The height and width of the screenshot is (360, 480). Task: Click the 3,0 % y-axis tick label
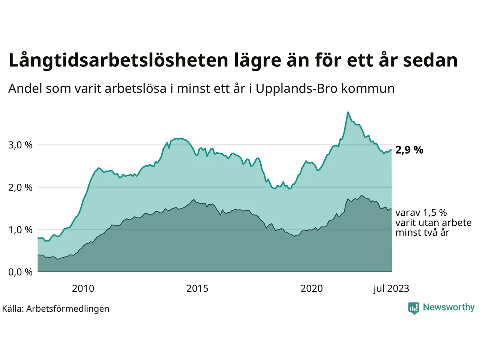point(20,145)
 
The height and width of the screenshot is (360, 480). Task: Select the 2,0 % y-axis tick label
point(20,187)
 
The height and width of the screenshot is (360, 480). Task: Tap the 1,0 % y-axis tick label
point(20,230)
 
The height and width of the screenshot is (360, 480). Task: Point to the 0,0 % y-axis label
point(20,272)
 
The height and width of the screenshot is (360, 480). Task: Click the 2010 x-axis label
point(83,288)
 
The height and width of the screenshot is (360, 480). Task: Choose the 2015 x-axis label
point(197,288)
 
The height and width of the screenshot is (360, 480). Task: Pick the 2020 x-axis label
point(312,288)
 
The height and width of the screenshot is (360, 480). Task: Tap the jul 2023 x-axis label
point(391,288)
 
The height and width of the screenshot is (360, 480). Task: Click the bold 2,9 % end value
point(409,150)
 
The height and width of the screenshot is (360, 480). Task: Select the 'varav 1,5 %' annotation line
point(421,213)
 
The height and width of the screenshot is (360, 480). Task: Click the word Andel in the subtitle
point(25,88)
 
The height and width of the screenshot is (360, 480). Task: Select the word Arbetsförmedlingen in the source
point(68,309)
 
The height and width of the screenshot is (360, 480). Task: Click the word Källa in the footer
point(13,309)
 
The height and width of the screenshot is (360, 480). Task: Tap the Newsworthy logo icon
point(414,308)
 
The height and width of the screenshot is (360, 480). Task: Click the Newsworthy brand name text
point(448,307)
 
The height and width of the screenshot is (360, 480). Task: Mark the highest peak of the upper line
point(348,112)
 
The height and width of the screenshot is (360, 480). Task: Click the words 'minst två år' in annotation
point(422,232)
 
